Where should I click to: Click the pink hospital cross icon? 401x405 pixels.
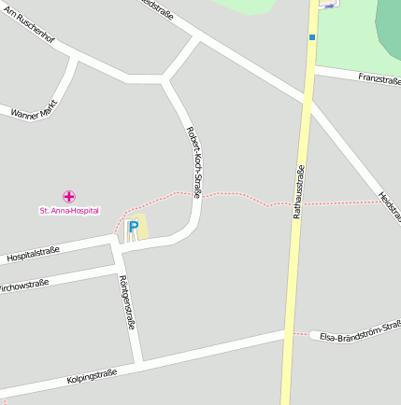(x=69, y=196)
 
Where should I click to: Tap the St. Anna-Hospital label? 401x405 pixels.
(x=69, y=211)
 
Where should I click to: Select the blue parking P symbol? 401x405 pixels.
(x=133, y=227)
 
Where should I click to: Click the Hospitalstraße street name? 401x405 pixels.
(x=33, y=253)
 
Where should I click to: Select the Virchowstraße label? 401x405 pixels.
(x=24, y=284)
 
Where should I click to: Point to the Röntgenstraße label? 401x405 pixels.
(x=128, y=303)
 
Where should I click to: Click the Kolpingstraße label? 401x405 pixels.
(x=92, y=377)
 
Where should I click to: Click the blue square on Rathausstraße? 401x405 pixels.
(x=312, y=37)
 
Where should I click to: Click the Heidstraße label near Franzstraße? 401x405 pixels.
(x=390, y=206)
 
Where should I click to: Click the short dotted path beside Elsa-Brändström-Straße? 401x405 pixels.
(x=299, y=333)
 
